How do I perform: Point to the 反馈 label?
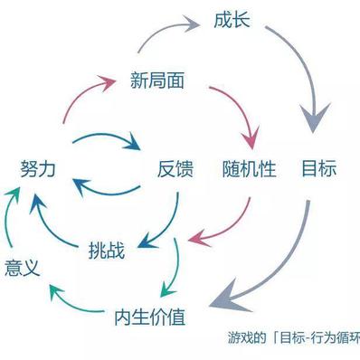176,168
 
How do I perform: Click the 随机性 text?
249,168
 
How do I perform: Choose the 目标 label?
317,168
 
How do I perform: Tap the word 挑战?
108,246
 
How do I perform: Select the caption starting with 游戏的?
293,340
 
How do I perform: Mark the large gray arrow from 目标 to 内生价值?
271,271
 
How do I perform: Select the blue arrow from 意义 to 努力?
9,217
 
